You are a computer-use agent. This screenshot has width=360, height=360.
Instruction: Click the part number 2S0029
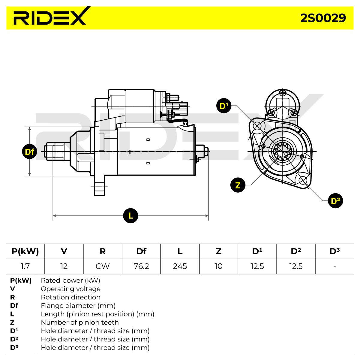323,18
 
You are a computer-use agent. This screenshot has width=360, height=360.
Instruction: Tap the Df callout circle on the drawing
29,151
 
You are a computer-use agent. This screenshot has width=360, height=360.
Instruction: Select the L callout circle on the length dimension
130,216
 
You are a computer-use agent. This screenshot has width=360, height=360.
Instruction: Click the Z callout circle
238,185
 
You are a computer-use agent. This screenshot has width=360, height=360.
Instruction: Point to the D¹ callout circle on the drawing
224,106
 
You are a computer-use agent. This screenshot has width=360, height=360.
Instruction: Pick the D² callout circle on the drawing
335,201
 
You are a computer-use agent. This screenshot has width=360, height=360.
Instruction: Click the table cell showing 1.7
25,266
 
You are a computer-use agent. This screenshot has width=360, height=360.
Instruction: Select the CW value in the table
103,266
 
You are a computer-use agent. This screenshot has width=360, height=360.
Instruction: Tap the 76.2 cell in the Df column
141,266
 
